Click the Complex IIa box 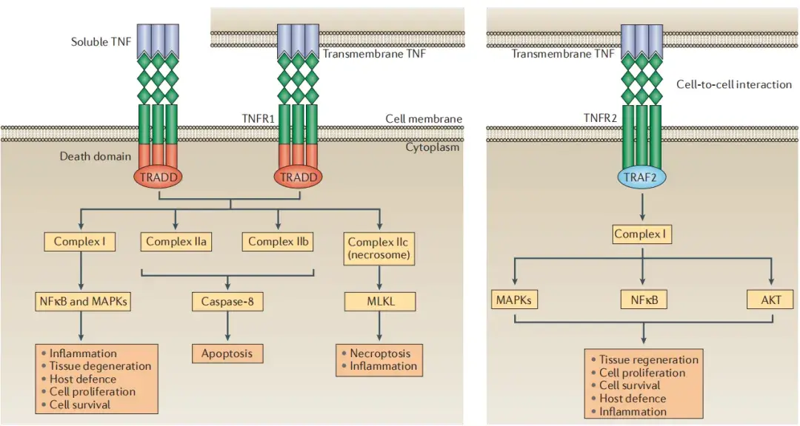tap(176, 241)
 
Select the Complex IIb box tap(278, 241)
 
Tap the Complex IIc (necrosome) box tap(380, 248)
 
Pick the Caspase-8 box tap(227, 301)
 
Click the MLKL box tap(380, 301)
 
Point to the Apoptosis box tap(227, 354)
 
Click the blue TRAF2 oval tap(641, 177)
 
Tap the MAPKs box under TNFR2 tap(513, 300)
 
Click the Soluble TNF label tap(101, 41)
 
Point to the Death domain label tap(95, 156)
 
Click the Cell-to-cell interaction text tap(733, 84)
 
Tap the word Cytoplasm tap(433, 147)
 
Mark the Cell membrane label tap(424, 118)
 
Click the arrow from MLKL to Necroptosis tap(380, 327)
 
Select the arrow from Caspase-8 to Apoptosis tap(227, 327)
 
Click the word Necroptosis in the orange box tap(380, 354)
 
